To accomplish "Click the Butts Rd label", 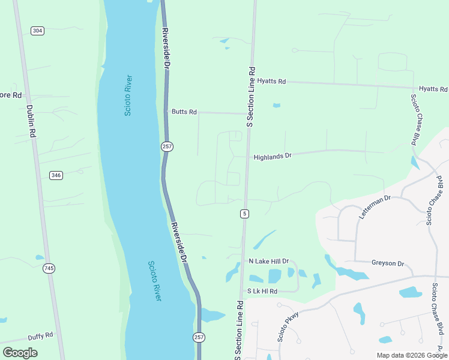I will (184, 112).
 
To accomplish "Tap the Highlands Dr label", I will (272, 156).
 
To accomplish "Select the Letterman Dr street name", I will (375, 206).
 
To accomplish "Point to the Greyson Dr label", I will (388, 263).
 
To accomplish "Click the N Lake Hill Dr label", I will (268, 262).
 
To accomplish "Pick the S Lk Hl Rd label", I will (262, 291).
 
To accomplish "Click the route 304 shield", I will (38, 31).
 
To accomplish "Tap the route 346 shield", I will (56, 175).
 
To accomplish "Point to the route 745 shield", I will (49, 268).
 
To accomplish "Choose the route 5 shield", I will (244, 214).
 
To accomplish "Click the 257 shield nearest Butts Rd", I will (167, 146).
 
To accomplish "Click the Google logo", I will (20, 353).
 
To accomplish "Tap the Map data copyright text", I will (411, 355).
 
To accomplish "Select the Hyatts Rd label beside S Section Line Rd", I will (271, 81).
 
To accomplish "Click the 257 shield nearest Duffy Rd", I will (199, 337).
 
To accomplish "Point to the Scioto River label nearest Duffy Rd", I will (154, 281).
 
